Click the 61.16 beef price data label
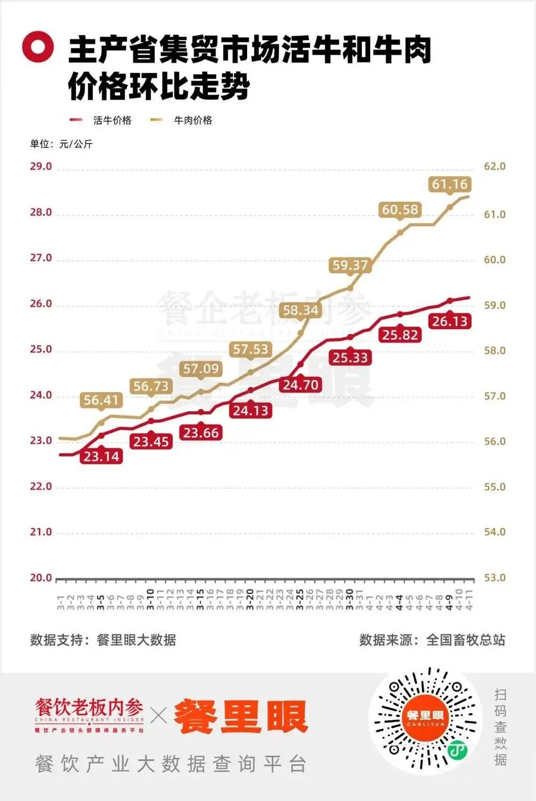(x=450, y=184)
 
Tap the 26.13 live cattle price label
(x=450, y=321)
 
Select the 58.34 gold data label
(x=300, y=310)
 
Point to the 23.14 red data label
(x=101, y=456)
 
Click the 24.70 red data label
(x=300, y=384)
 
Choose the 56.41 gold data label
(x=101, y=400)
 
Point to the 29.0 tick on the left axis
(x=41, y=166)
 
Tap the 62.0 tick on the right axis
(x=494, y=166)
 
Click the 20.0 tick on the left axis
(x=41, y=578)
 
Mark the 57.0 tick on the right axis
(x=494, y=396)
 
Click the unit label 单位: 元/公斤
(x=61, y=144)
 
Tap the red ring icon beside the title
(x=38, y=47)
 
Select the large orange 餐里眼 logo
(x=241, y=717)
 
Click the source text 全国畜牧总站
(x=465, y=640)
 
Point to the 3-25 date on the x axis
(x=300, y=599)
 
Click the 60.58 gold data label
(x=400, y=210)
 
